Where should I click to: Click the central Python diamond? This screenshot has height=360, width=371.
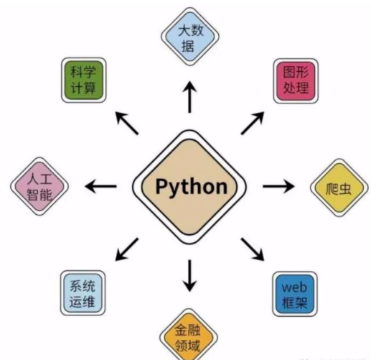189,187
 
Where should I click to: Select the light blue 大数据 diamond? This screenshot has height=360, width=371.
190,37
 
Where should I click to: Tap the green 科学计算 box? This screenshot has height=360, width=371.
84,80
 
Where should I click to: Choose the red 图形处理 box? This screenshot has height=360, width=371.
296,81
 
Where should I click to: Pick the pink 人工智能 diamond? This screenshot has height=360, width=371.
39,186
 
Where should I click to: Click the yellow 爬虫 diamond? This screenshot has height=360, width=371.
339,188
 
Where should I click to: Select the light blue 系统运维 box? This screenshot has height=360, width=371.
83,293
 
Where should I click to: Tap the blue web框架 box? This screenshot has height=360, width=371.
295,294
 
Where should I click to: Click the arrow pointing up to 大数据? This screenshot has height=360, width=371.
190,97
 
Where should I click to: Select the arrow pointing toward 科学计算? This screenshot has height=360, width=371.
127,123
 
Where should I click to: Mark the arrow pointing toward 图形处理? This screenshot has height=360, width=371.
253,123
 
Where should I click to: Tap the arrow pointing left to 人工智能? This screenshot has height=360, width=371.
101,186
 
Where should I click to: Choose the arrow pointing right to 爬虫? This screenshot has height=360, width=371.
278,186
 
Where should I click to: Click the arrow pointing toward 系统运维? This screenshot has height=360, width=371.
127,249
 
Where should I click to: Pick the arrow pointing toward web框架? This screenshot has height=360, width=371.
253,249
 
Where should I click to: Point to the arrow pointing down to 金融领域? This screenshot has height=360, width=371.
189,276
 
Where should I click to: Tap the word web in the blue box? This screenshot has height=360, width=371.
294,287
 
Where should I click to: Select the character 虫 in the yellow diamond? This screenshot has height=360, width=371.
345,189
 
